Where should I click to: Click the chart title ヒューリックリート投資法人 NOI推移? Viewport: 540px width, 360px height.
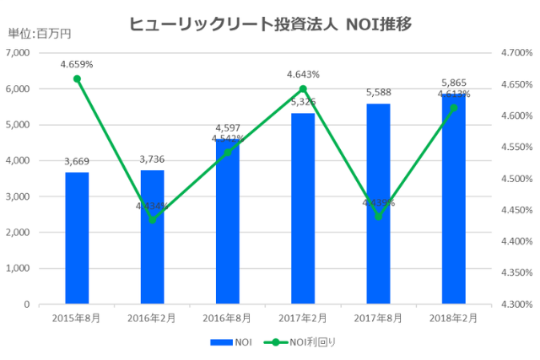point(270,24)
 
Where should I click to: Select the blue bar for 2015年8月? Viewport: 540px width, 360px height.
point(77,238)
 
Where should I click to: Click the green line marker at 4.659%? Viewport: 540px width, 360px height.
point(77,79)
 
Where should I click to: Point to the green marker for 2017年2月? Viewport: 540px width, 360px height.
point(303,89)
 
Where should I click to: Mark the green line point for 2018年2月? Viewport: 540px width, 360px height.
point(453,108)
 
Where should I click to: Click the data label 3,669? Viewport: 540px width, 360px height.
point(77,162)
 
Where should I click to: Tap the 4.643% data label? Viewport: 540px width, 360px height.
point(303,74)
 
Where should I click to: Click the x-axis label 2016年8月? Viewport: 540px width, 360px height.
point(227,318)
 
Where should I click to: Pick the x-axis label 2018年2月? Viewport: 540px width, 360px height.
point(453,318)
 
